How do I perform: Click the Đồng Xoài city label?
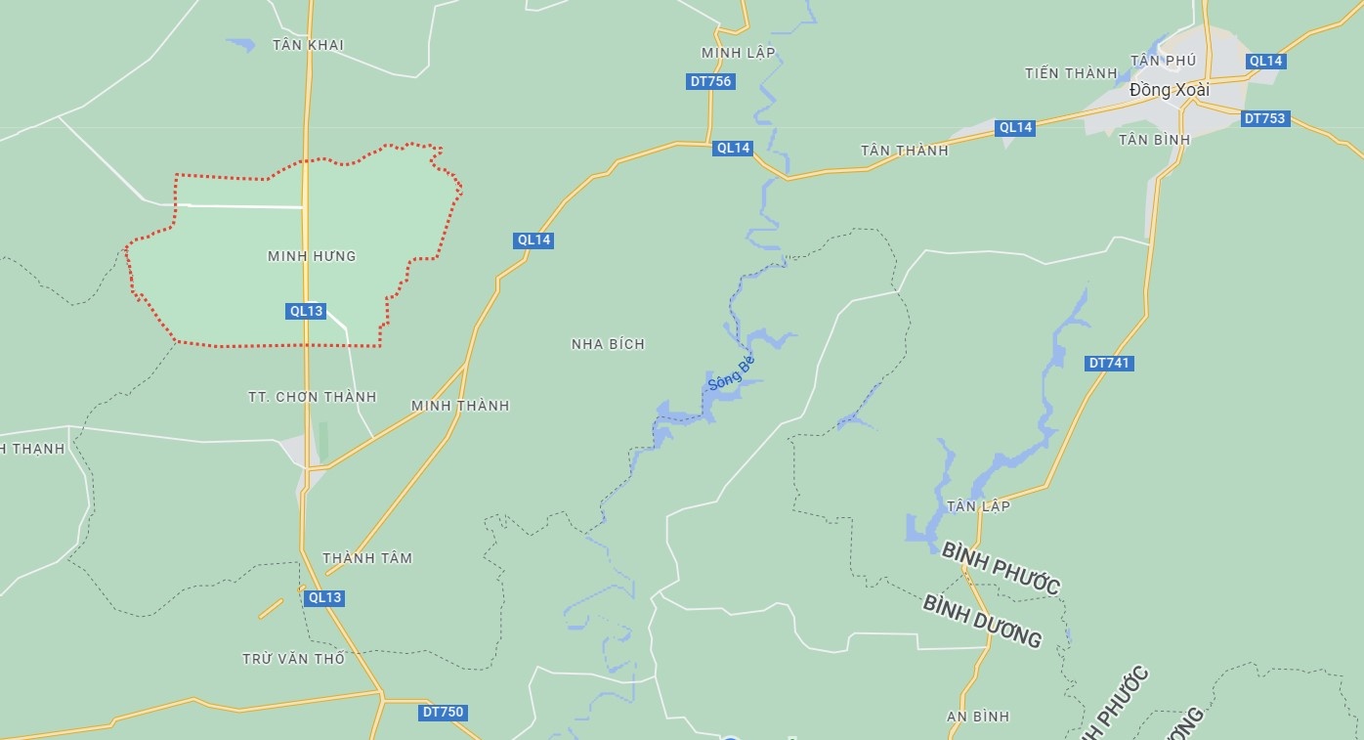pos(1169,90)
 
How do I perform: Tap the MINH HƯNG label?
pos(312,256)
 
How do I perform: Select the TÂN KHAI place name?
pos(308,45)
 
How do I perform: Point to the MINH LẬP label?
pos(738,53)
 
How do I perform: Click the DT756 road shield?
pos(710,82)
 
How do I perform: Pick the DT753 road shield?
pos(1265,119)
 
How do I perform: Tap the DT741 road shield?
pos(1110,364)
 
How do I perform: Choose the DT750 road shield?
pos(443,713)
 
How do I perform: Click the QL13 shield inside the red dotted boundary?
pos(306,311)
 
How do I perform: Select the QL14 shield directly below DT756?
pos(733,149)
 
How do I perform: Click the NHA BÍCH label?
pos(608,344)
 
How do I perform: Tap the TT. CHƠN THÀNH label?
pos(312,397)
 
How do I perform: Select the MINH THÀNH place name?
pos(460,406)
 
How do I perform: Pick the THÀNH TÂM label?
pos(367,558)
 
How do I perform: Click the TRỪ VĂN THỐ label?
pos(293,659)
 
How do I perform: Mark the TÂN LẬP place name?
pos(978,506)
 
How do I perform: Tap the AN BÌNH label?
pos(978,717)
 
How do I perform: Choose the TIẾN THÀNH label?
pos(1071,73)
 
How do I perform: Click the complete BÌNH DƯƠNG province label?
pos(982,620)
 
